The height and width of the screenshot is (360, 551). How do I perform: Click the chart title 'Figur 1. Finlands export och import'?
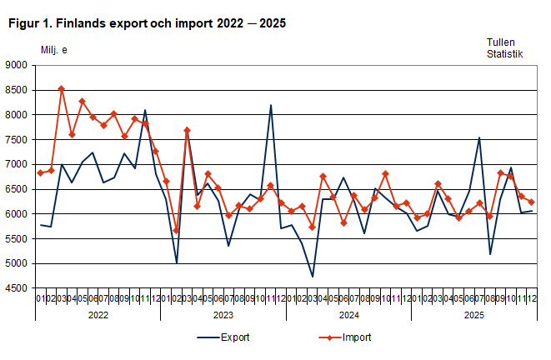(x=147, y=23)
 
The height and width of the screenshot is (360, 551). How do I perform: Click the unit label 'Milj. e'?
(x=54, y=49)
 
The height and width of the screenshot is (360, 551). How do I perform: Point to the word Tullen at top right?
(x=502, y=42)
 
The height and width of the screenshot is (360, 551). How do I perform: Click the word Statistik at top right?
(x=505, y=54)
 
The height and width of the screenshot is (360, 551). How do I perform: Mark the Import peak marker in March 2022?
(x=62, y=88)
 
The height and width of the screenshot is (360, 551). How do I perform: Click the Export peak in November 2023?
(x=271, y=105)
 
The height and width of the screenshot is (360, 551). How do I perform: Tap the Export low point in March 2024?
(x=313, y=277)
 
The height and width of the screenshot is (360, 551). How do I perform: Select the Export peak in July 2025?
(x=479, y=137)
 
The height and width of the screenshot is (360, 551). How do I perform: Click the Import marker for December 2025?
(x=532, y=202)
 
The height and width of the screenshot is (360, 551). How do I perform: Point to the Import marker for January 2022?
(x=41, y=173)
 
